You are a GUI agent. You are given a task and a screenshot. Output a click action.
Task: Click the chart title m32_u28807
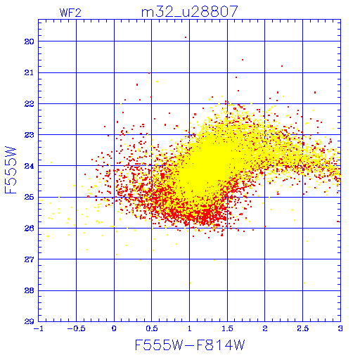click(x=190, y=12)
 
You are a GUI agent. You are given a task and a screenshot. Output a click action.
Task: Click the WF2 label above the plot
click(x=70, y=13)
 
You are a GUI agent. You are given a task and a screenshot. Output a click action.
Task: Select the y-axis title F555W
click(x=11, y=170)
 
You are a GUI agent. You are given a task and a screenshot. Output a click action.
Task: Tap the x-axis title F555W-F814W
click(x=190, y=345)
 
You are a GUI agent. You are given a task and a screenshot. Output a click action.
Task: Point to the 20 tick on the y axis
click(x=30, y=41)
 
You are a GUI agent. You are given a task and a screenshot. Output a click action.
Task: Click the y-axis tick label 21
click(x=30, y=73)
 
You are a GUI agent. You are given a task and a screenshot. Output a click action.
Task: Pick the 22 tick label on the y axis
click(x=30, y=104)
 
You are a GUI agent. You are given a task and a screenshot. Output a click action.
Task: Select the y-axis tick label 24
click(x=30, y=166)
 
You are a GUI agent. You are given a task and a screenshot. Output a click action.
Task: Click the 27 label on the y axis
click(x=30, y=259)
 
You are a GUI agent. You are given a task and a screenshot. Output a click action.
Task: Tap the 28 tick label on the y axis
click(x=30, y=290)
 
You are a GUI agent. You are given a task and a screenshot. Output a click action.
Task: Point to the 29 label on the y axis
click(x=30, y=321)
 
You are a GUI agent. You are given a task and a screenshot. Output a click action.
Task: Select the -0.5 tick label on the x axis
click(x=76, y=328)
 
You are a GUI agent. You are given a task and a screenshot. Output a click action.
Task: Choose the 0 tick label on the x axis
click(x=114, y=328)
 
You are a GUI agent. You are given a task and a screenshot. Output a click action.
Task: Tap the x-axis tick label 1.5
click(x=227, y=328)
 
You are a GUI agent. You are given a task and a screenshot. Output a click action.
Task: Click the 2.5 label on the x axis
click(x=303, y=328)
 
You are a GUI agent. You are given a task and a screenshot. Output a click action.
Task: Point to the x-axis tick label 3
click(x=340, y=328)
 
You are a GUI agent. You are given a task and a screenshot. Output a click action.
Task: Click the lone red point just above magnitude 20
click(x=186, y=37)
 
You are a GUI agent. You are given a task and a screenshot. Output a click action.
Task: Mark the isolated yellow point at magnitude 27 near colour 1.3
click(x=214, y=260)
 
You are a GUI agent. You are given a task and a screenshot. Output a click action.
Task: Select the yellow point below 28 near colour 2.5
click(x=304, y=283)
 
